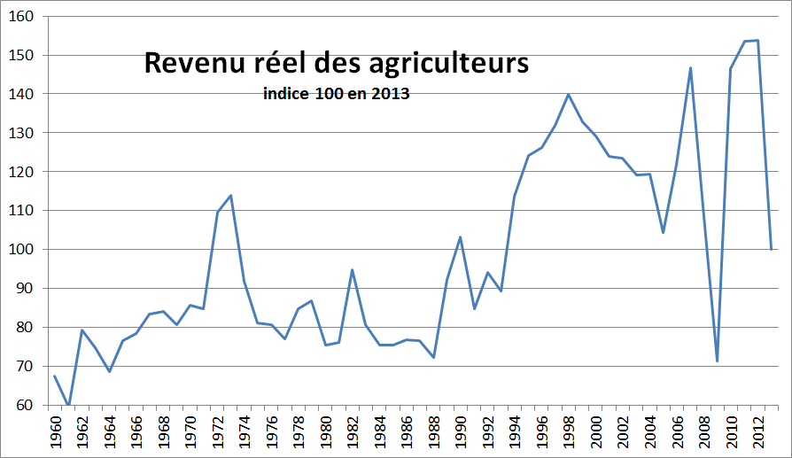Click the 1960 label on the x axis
point(55,432)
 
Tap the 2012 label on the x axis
point(757,432)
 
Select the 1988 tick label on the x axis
point(433,432)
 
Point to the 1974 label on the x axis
point(245,432)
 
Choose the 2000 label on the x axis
point(595,432)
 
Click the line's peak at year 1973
point(230,195)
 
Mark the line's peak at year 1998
point(568,94)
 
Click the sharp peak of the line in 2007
point(690,67)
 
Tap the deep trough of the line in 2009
point(717,361)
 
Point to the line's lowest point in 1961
point(68,405)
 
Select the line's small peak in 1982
point(352,269)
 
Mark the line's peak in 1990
point(460,237)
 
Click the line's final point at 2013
point(771,250)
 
